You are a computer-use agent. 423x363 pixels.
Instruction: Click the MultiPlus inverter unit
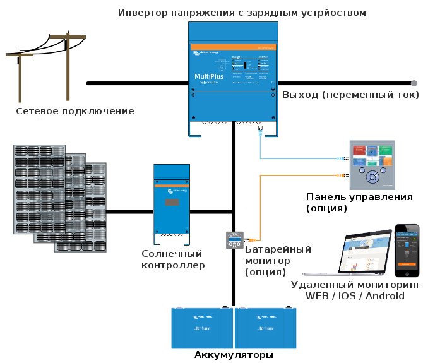pos(233,76)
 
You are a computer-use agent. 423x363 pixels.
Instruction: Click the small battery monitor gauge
pos(234,241)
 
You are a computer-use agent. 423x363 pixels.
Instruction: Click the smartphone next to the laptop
pos(407,249)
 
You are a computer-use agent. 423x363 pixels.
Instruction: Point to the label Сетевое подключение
pos(75,112)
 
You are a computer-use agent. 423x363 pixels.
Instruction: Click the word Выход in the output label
pos(301,95)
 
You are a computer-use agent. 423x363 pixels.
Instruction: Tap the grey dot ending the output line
pos(414,83)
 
